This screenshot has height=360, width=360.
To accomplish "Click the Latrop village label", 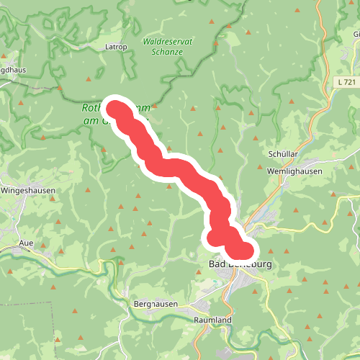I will tap(116, 47).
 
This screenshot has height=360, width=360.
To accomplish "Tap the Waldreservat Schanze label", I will tap(168, 47).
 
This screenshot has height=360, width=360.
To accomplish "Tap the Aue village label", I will tap(27, 243).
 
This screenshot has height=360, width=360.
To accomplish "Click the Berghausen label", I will tap(156, 305).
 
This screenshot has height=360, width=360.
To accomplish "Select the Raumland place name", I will tap(213, 319).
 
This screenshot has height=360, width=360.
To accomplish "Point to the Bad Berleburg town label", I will tap(240, 265).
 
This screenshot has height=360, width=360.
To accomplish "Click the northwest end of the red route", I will tap(115, 109).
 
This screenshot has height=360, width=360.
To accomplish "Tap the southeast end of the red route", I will tap(245, 250).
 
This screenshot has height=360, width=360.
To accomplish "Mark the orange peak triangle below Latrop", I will tap(89, 79).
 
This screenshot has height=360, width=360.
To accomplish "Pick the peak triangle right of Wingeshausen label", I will tap(89, 190).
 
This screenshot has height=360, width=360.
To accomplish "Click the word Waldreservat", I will tap(168, 42).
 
